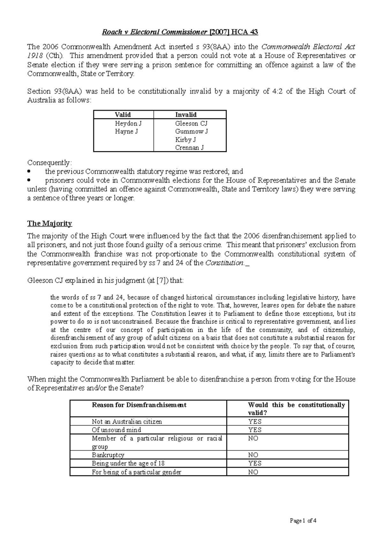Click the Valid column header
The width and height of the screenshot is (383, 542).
coord(123,115)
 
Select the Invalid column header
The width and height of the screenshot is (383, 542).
coord(186,115)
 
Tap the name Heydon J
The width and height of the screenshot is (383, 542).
coord(126,123)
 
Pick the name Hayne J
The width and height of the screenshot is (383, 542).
coord(126,131)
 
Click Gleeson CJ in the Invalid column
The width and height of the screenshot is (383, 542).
coord(191,123)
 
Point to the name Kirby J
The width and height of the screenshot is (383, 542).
coord(185,139)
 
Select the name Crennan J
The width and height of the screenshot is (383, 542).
coord(189,147)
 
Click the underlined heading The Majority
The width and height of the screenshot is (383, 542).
coord(49,223)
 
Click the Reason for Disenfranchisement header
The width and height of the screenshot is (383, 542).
coord(139,405)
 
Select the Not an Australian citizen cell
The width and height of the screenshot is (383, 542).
coord(127,421)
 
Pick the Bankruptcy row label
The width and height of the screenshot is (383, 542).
coord(108,455)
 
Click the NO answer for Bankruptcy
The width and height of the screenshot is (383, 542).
coord(253,455)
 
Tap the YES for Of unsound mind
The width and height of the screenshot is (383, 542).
coord(255,430)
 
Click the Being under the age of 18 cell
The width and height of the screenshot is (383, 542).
coord(128,463)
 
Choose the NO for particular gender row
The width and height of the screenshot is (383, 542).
coord(253,472)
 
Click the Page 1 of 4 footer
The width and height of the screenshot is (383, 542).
coord(303,521)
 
